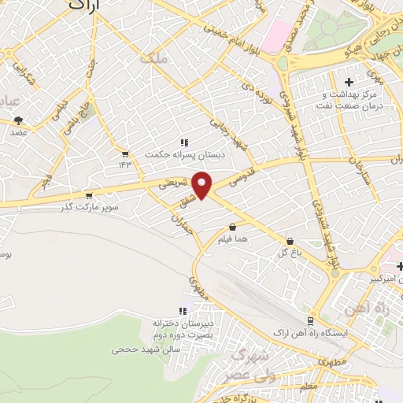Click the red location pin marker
click(203, 185)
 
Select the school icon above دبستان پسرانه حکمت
click(184, 142)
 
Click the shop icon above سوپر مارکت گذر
click(88, 195)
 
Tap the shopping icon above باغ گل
click(290, 242)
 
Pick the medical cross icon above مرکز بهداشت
click(349, 82)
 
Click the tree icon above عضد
click(18, 120)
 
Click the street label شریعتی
click(175, 183)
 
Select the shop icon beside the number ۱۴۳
click(124, 153)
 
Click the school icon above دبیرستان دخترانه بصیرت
click(184, 311)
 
